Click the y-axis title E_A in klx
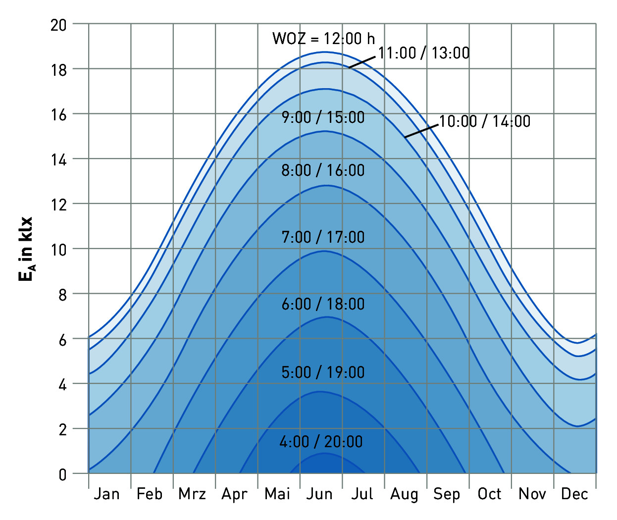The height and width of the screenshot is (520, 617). pyautogui.click(x=26, y=249)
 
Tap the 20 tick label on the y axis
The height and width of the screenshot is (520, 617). pyautogui.click(x=58, y=25)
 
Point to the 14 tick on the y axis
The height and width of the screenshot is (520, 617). pyautogui.click(x=58, y=159)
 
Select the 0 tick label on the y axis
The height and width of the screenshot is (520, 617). pyautogui.click(x=62, y=474)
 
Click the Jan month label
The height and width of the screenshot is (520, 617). pyautogui.click(x=107, y=494)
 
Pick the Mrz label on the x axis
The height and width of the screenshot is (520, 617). pyautogui.click(x=192, y=494)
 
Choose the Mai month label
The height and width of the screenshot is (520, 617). pyautogui.click(x=277, y=494)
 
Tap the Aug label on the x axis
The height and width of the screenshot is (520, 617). pyautogui.click(x=404, y=494)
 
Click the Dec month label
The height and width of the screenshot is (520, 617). pyautogui.click(x=574, y=494)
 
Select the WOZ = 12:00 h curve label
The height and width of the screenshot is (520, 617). pyautogui.click(x=323, y=39)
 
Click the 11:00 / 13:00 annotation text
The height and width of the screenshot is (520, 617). pyautogui.click(x=424, y=53)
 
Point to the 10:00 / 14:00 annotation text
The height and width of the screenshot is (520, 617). pyautogui.click(x=485, y=121)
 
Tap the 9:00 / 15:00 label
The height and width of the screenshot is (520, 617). pyautogui.click(x=323, y=117)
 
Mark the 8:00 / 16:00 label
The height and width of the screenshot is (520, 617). pyautogui.click(x=323, y=170)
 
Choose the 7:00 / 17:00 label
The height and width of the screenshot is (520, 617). pyautogui.click(x=323, y=237)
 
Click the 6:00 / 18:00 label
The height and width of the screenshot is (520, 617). pyautogui.click(x=323, y=304)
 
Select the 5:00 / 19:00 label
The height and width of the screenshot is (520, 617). pyautogui.click(x=323, y=372)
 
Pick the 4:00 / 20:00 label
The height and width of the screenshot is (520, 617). pyautogui.click(x=321, y=442)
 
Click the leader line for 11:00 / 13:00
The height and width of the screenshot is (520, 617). pyautogui.click(x=362, y=62)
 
